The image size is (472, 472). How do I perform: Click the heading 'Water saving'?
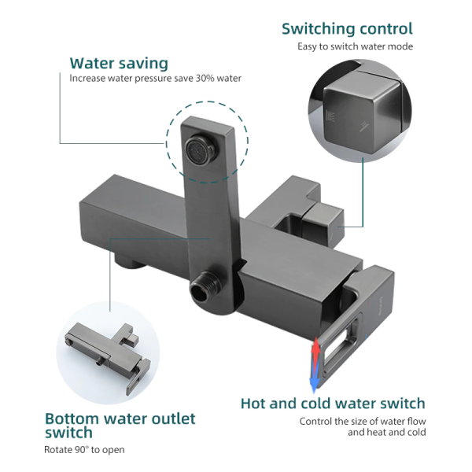tap(118, 63)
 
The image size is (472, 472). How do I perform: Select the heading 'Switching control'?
tap(347, 29)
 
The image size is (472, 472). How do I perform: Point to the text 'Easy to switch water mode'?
tap(355, 46)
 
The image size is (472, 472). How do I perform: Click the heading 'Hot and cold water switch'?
tap(333, 404)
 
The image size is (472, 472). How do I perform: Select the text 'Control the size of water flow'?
tap(363, 421)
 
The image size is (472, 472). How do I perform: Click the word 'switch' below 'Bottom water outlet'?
tap(69, 433)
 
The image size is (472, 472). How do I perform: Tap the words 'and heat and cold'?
tap(387, 433)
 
